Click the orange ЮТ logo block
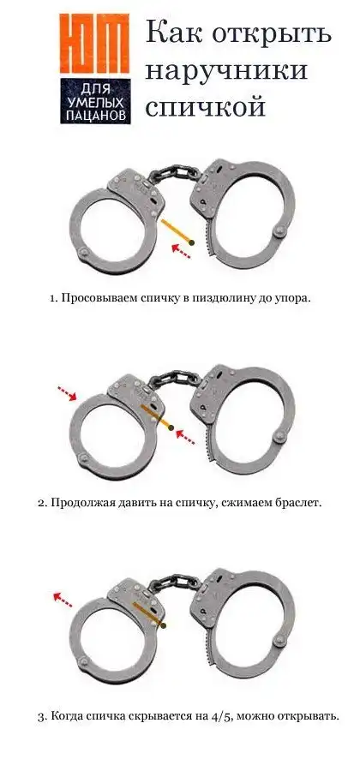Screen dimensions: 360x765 (x=95, y=44)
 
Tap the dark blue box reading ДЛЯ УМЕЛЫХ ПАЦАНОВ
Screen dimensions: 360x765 (x=95, y=101)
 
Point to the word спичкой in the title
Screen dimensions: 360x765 (x=205, y=107)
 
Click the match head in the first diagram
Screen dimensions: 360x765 (x=192, y=242)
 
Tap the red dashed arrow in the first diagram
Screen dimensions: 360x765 (x=180, y=252)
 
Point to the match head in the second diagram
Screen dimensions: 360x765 (x=171, y=427)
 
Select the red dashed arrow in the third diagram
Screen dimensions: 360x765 (x=63, y=600)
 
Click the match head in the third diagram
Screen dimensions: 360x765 (x=163, y=625)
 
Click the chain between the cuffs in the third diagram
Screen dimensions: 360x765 (x=174, y=583)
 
